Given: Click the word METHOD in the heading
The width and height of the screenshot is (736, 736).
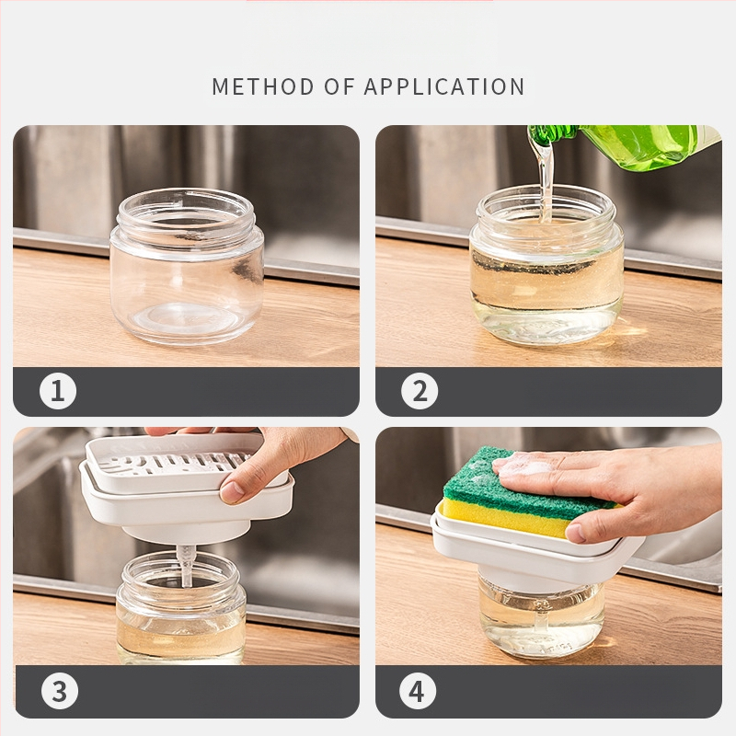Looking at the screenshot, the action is coord(262,86).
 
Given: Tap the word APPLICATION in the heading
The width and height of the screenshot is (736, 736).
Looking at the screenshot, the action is coord(444,86).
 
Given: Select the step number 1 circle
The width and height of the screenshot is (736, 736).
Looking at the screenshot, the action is coord(58,390).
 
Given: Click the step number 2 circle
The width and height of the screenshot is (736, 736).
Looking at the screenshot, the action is coord(420,390).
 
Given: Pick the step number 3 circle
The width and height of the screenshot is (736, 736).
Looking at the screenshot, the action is coord(60,691).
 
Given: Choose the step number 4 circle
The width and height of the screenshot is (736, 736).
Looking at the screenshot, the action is coord(418,691).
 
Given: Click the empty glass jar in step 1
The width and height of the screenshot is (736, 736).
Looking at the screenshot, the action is coord(187,266).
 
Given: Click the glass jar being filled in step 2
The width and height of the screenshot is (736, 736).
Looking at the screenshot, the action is coord(546,264).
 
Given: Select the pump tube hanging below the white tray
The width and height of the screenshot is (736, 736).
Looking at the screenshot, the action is coord(187,566).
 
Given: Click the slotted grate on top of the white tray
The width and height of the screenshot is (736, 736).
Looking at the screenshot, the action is coord(178,464).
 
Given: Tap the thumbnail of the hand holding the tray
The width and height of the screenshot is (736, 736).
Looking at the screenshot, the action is coord(232,492).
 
